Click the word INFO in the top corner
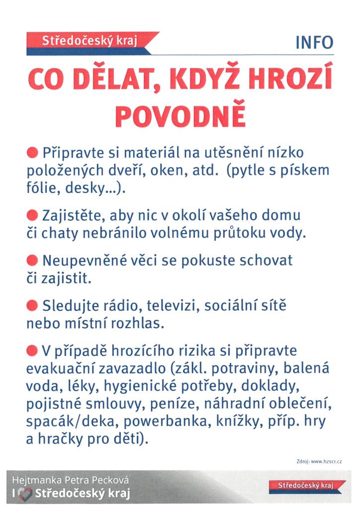pyautogui.click(x=314, y=42)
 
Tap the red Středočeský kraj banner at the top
pyautogui.click(x=90, y=42)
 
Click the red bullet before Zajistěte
pyautogui.click(x=32, y=216)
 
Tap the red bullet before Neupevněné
pyautogui.click(x=32, y=260)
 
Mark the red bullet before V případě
pyautogui.click(x=32, y=351)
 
